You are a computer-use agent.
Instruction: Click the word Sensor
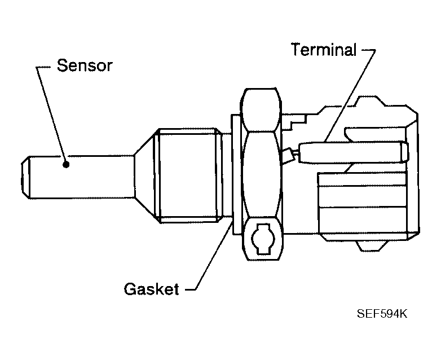point(84,65)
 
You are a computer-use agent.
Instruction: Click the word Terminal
point(323,50)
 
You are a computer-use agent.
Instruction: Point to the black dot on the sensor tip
point(66,165)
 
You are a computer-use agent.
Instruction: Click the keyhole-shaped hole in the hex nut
point(261,236)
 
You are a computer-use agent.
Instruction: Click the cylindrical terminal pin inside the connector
point(350,151)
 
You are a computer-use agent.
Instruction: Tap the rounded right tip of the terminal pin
point(402,151)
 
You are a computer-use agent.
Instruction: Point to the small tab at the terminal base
point(289,155)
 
